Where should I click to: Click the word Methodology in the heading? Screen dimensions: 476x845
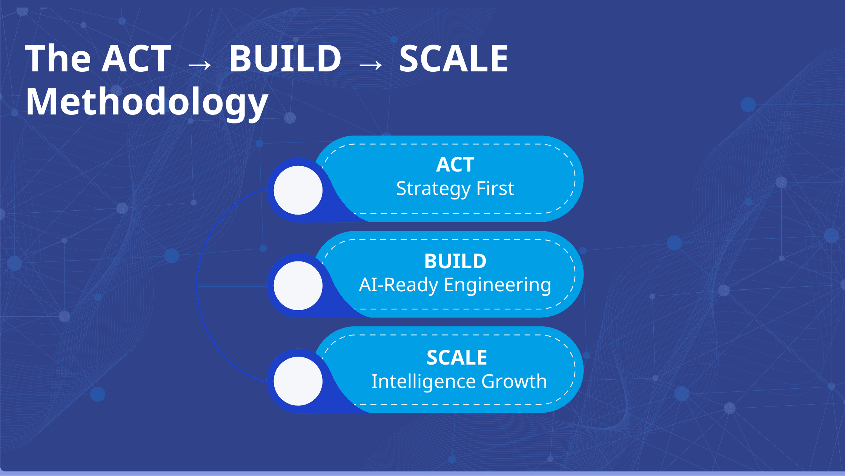(x=147, y=102)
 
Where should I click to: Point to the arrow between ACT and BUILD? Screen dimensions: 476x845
(x=200, y=65)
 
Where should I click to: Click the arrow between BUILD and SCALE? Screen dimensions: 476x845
(x=370, y=65)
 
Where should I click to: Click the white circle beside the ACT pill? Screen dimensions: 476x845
(x=298, y=190)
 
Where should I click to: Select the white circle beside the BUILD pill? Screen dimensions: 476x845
(x=298, y=286)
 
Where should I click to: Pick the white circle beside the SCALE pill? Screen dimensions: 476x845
(x=298, y=381)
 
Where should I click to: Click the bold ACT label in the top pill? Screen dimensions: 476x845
(x=455, y=165)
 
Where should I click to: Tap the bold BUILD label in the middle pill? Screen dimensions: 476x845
(x=455, y=261)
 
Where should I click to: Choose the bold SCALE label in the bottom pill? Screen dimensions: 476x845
(x=457, y=357)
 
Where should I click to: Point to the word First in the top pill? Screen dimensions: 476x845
(x=495, y=188)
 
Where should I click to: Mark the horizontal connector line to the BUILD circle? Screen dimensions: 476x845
(x=232, y=286)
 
